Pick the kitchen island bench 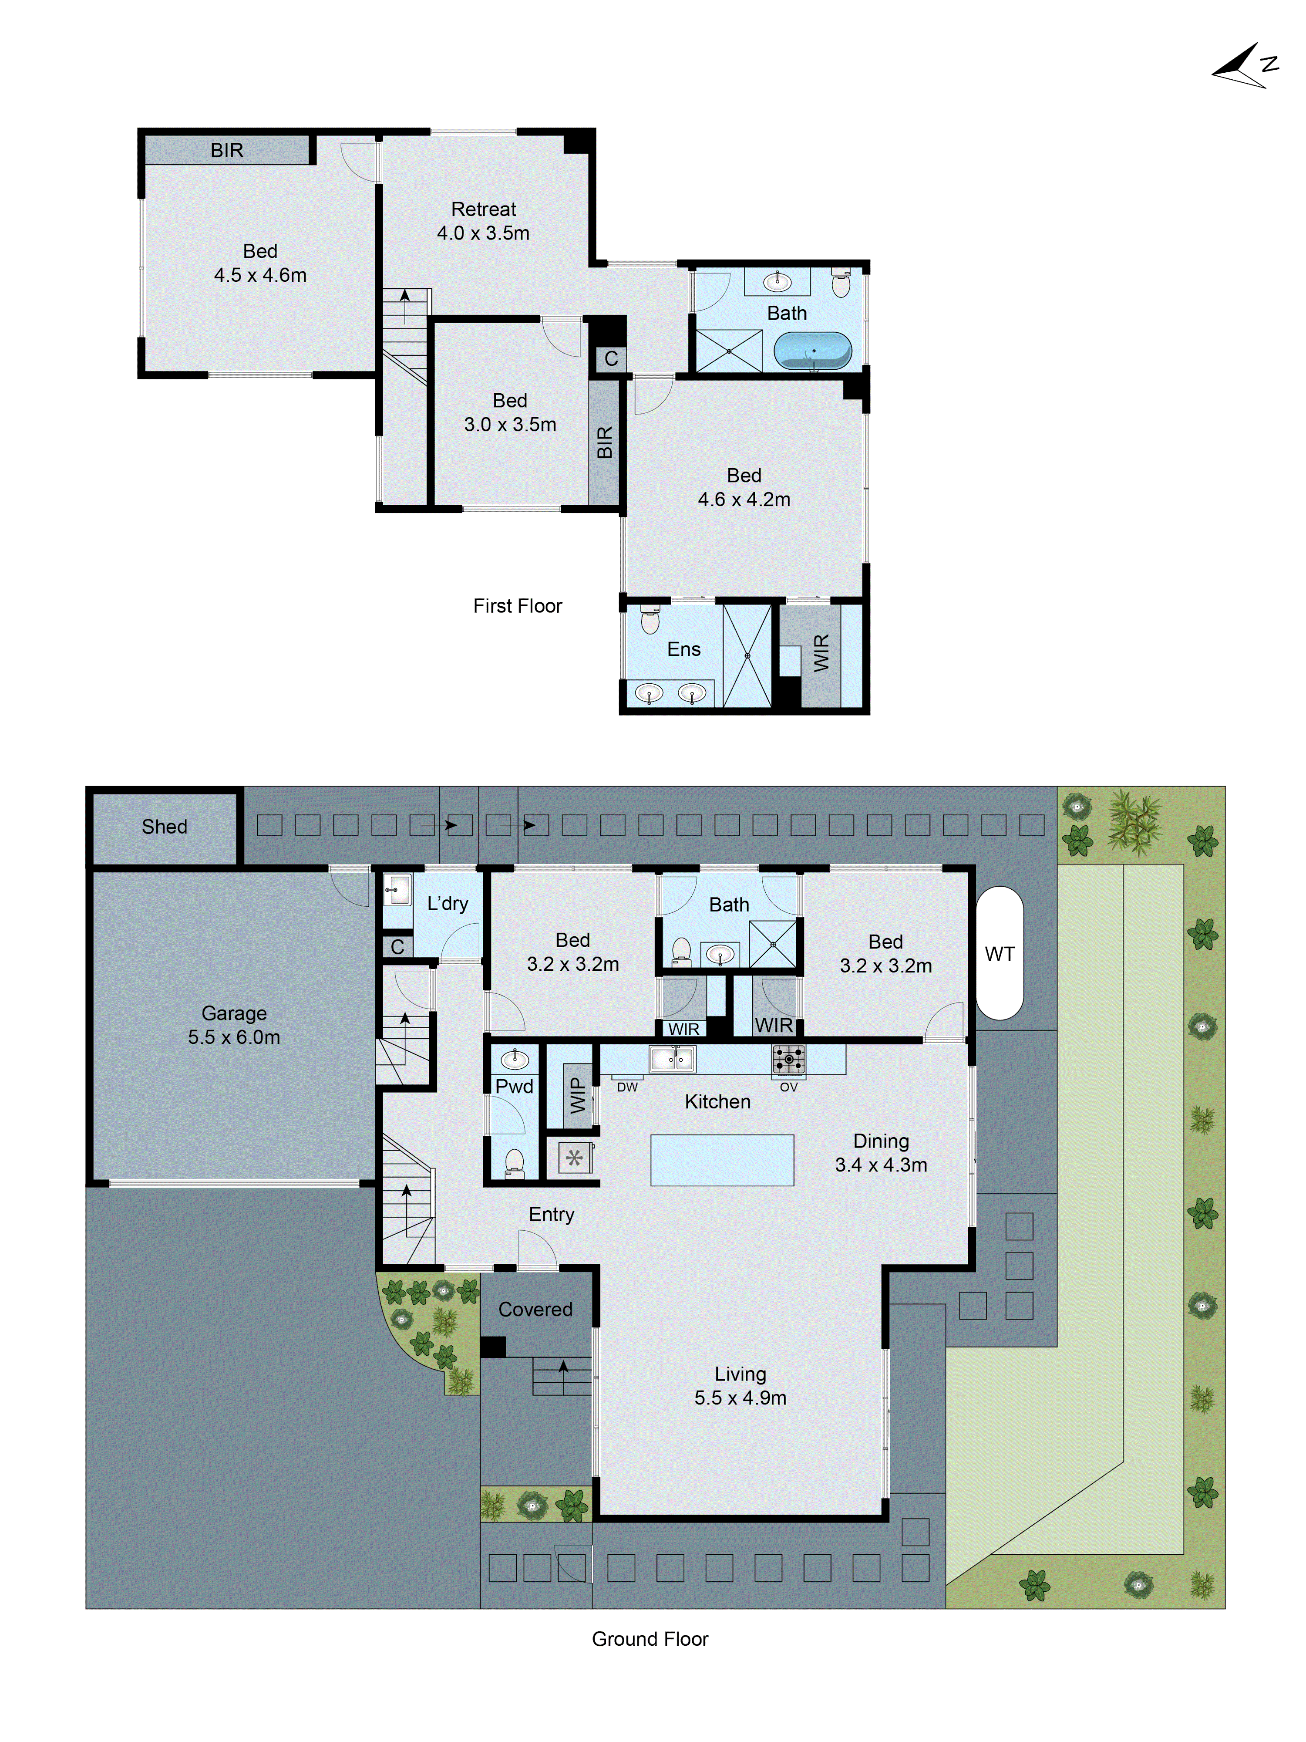pos(721,1160)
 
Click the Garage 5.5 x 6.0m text pos(234,1025)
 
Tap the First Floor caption pos(517,606)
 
